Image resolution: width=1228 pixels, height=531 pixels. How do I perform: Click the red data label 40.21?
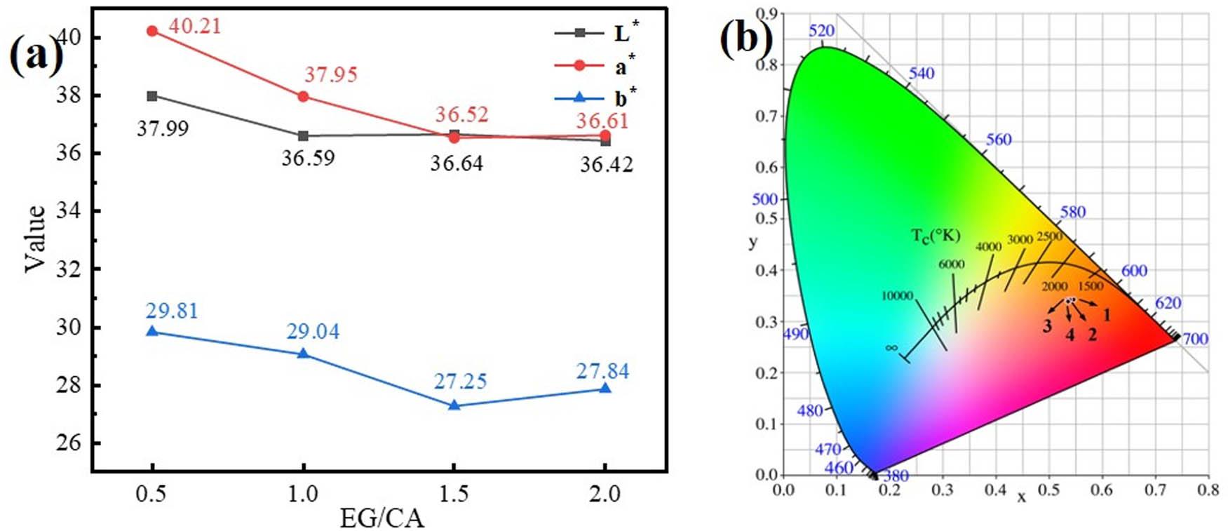click(194, 27)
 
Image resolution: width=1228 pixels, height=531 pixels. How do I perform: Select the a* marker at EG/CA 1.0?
click(303, 96)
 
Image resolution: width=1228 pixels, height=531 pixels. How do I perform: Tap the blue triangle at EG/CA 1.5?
click(454, 405)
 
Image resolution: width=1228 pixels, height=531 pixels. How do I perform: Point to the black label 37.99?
click(162, 129)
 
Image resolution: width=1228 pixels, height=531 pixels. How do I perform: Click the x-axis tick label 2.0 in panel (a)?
click(605, 494)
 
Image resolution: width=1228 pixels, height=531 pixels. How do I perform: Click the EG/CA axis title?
click(382, 518)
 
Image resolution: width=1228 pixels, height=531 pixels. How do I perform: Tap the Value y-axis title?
click(35, 238)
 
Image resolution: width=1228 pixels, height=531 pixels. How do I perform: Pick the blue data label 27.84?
click(602, 371)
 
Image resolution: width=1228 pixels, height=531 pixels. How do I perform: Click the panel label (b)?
click(746, 38)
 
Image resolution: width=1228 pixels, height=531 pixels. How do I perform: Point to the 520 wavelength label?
click(821, 31)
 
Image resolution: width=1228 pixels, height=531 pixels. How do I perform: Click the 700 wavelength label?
click(1195, 339)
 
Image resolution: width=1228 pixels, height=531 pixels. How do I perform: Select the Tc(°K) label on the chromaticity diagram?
click(936, 236)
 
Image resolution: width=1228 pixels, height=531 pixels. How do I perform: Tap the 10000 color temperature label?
click(897, 296)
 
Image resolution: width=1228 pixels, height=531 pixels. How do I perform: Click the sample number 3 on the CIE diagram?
click(1046, 326)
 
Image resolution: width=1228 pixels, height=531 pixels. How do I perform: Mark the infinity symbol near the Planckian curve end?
click(891, 347)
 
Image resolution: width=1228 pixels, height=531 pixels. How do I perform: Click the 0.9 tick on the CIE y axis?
click(767, 13)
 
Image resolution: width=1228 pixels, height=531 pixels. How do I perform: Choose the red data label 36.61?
click(602, 121)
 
